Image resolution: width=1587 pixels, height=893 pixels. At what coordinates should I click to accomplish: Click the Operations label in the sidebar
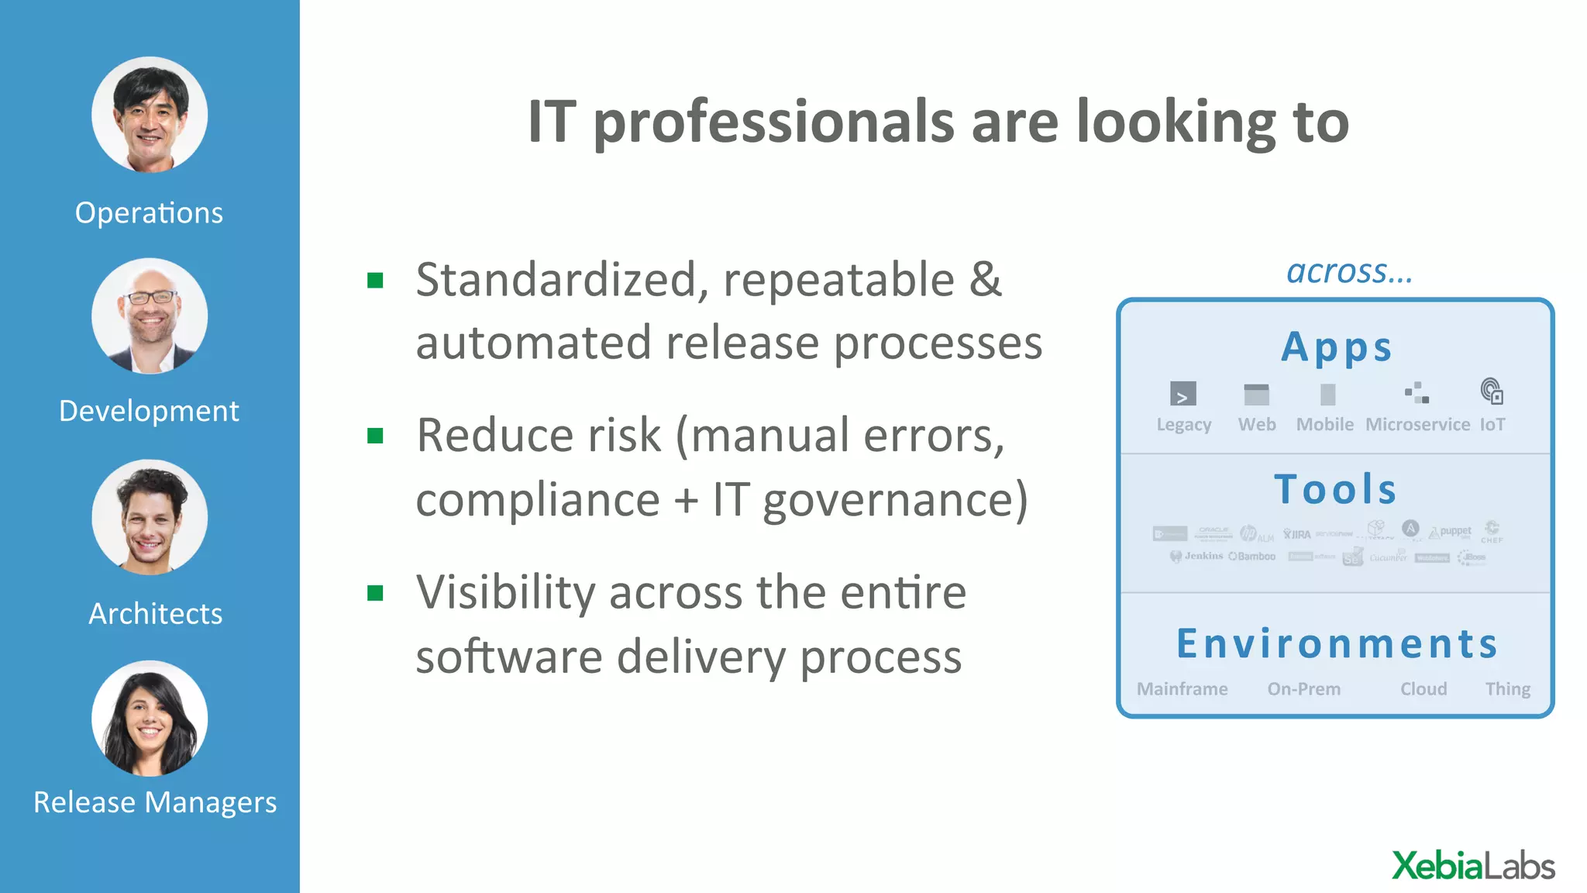(x=149, y=213)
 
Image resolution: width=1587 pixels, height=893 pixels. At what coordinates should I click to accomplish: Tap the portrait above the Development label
(x=150, y=316)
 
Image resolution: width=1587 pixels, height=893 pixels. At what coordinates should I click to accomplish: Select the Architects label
(x=155, y=614)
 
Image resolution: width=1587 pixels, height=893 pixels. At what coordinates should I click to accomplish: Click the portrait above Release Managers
(x=150, y=719)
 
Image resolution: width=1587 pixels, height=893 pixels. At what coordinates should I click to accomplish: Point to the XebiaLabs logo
(x=1473, y=866)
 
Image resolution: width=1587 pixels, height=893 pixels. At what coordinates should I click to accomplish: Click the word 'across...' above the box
(x=1349, y=272)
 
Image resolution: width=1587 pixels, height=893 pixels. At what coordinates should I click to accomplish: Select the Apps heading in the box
(x=1337, y=347)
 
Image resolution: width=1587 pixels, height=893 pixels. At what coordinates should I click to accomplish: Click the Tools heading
(x=1336, y=490)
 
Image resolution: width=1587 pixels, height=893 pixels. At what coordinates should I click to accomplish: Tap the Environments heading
(x=1337, y=644)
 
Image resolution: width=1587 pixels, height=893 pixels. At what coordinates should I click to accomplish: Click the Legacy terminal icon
(x=1183, y=394)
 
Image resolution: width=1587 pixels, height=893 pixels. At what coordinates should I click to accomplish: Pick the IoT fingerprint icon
(x=1492, y=391)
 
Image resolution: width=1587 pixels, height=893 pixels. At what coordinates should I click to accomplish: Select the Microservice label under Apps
(x=1417, y=425)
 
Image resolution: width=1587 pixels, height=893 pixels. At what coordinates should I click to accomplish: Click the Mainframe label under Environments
(x=1182, y=689)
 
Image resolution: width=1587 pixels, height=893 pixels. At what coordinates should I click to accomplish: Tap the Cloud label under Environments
(x=1423, y=689)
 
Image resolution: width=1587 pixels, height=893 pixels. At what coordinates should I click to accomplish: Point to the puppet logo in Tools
(x=1450, y=532)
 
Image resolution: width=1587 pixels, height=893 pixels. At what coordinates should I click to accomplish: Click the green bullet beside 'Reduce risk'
(x=376, y=436)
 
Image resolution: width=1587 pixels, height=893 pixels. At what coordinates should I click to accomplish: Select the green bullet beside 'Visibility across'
(x=376, y=594)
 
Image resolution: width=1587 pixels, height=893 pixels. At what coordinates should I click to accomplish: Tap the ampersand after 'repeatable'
(x=985, y=279)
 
